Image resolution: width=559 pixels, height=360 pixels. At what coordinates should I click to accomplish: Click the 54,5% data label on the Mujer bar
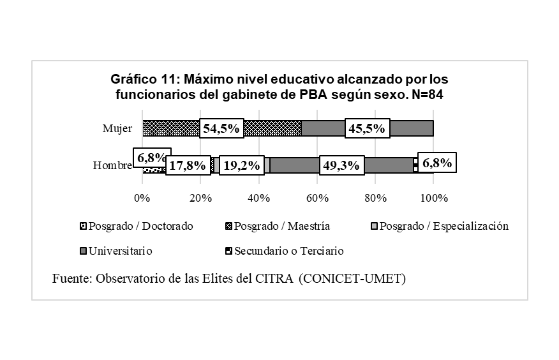pos(221,128)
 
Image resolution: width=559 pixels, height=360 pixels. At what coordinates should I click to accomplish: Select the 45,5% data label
pos(366,128)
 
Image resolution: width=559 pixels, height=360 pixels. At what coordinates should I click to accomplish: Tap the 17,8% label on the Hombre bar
pos(188,166)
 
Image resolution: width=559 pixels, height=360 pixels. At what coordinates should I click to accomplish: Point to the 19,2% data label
pos(240,166)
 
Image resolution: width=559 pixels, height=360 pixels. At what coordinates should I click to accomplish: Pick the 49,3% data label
pos(341,166)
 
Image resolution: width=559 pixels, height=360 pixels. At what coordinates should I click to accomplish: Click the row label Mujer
pos(117,128)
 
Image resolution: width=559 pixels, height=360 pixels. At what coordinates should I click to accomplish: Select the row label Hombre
pos(112,166)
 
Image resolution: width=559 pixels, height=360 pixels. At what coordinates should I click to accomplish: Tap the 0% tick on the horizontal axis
pos(142,198)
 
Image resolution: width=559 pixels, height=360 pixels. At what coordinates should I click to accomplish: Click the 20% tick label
pos(200,198)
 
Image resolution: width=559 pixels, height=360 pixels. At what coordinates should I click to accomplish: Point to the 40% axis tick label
pos(258,198)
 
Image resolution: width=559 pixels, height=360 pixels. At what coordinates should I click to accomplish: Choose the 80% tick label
pos(375,198)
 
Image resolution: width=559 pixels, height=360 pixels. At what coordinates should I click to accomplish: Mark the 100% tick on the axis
pos(433,198)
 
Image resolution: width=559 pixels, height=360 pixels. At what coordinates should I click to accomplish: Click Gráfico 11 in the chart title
pos(145,80)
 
